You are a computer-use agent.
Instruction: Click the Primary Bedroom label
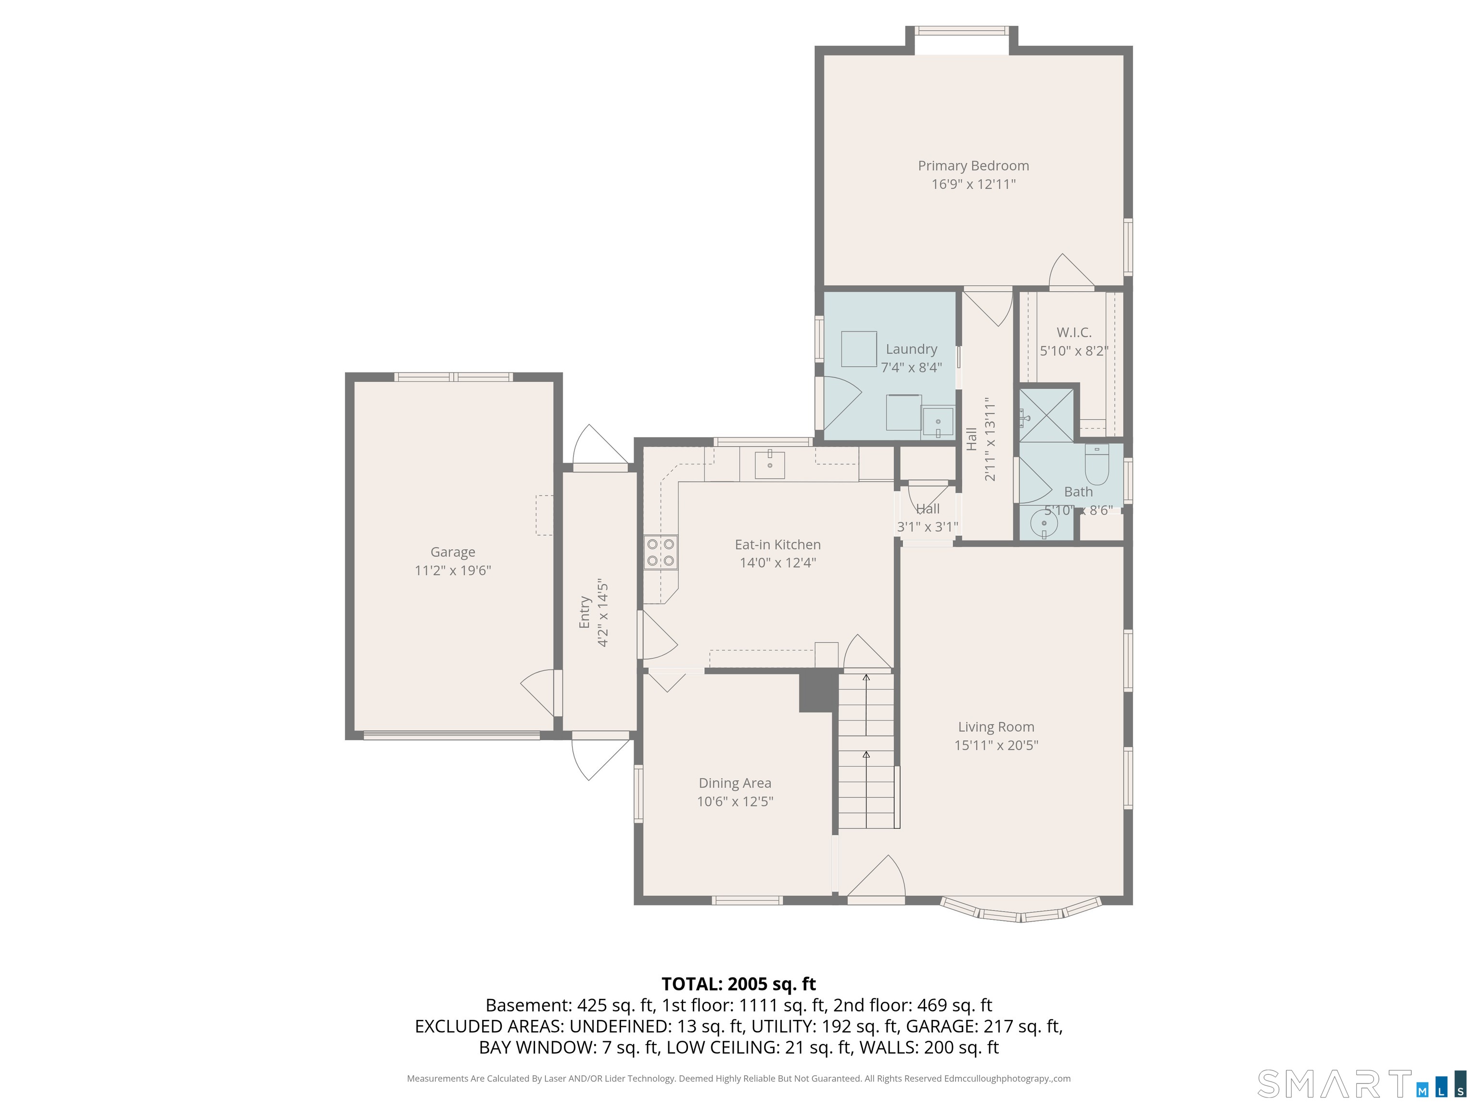973,166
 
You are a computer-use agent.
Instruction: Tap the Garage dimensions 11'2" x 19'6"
453,570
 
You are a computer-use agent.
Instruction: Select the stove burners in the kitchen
660,552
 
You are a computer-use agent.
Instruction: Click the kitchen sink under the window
770,464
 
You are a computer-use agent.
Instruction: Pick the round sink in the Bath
1044,525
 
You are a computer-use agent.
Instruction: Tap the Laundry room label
911,349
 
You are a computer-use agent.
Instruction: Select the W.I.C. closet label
1074,332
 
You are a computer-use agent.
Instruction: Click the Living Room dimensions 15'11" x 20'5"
996,745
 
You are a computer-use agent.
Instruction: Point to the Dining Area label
735,783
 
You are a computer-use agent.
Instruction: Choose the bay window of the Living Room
1020,910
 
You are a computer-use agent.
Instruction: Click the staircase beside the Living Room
866,751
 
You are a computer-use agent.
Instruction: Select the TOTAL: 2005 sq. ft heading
739,984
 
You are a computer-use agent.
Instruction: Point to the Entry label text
585,612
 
